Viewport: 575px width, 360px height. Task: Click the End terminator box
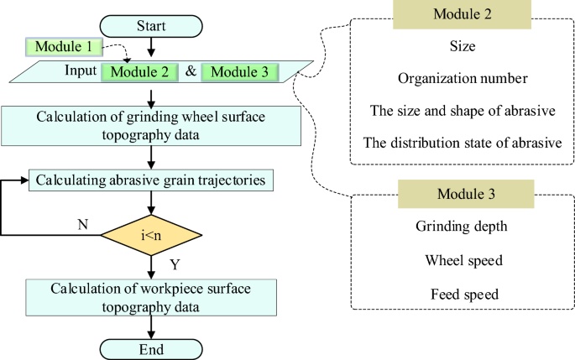(x=150, y=347)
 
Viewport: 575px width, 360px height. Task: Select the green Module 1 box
(x=65, y=48)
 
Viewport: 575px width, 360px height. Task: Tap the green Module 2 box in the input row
(x=139, y=71)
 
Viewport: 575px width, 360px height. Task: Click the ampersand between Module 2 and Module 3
(x=191, y=71)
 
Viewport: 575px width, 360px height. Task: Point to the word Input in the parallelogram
(x=81, y=70)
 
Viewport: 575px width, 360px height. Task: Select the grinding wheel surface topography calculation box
(x=151, y=126)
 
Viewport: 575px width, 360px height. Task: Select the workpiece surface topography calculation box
(x=151, y=298)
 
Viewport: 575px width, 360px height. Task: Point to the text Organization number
(x=463, y=80)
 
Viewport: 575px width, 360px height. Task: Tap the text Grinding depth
(x=463, y=226)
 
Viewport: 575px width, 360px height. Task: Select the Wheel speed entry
(x=463, y=260)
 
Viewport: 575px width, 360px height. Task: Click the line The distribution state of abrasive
(x=463, y=142)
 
